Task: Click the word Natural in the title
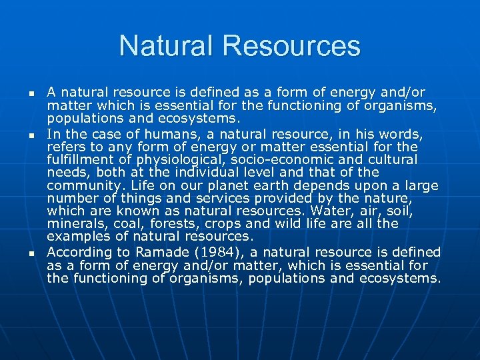point(167,46)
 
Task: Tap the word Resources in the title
point(292,46)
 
